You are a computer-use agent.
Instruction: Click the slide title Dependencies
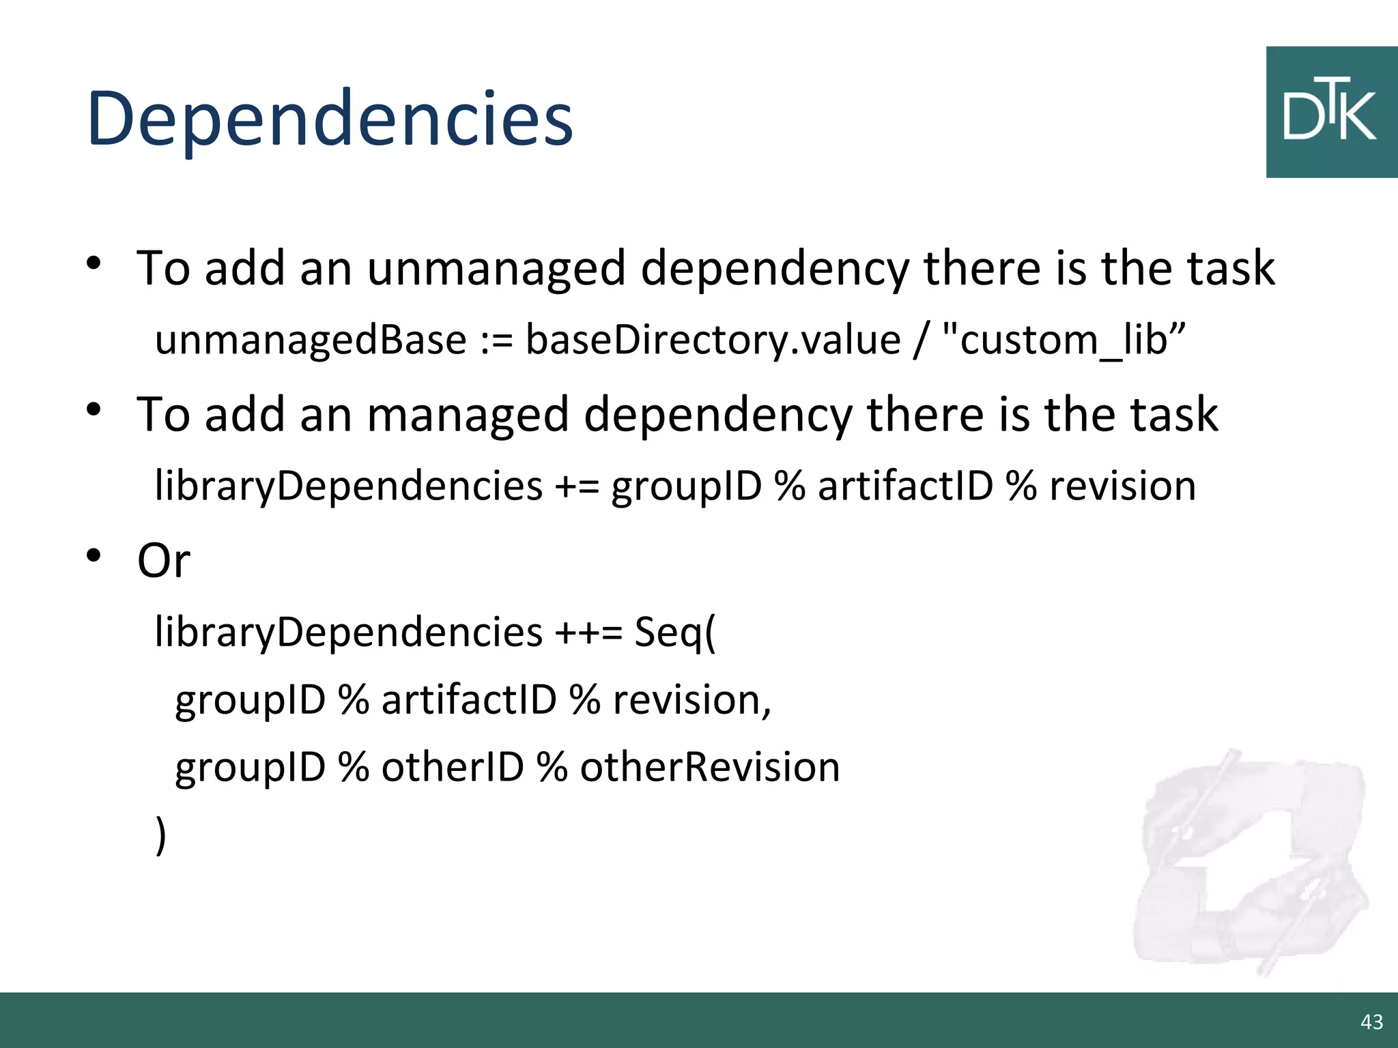(x=330, y=119)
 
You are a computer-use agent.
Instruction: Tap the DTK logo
(x=1330, y=113)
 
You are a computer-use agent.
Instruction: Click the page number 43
(x=1371, y=1022)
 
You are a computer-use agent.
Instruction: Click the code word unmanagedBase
(x=311, y=340)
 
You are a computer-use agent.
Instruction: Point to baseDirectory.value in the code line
(x=713, y=340)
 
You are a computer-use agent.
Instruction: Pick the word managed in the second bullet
(x=468, y=415)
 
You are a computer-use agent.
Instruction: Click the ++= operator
(x=588, y=632)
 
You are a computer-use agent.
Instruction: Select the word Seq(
(x=675, y=632)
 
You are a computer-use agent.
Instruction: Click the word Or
(x=163, y=561)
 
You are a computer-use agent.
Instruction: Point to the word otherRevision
(x=710, y=767)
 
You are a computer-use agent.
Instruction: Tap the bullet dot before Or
(x=94, y=556)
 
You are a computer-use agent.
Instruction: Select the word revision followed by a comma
(x=691, y=700)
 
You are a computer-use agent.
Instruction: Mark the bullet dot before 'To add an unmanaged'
(x=94, y=263)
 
